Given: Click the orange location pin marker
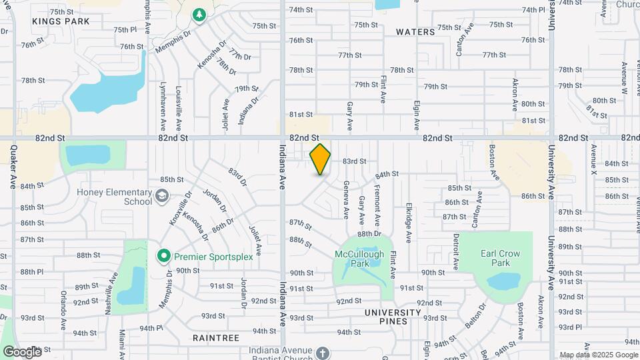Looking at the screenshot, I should click(321, 159).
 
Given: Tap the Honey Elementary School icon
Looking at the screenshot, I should click(162, 196).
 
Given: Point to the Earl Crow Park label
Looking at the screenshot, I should click(500, 258).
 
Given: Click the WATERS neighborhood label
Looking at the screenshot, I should click(415, 32).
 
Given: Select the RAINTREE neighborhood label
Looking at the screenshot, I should click(215, 338).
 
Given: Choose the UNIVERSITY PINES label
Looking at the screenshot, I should click(393, 317).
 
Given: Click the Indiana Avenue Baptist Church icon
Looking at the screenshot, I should click(323, 352).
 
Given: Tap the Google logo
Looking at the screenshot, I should click(22, 351).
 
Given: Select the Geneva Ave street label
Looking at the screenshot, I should click(346, 199).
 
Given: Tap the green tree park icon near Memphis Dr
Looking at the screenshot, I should click(198, 15).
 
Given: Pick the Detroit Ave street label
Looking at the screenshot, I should click(457, 250).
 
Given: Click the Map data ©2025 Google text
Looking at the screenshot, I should click(598, 355).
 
